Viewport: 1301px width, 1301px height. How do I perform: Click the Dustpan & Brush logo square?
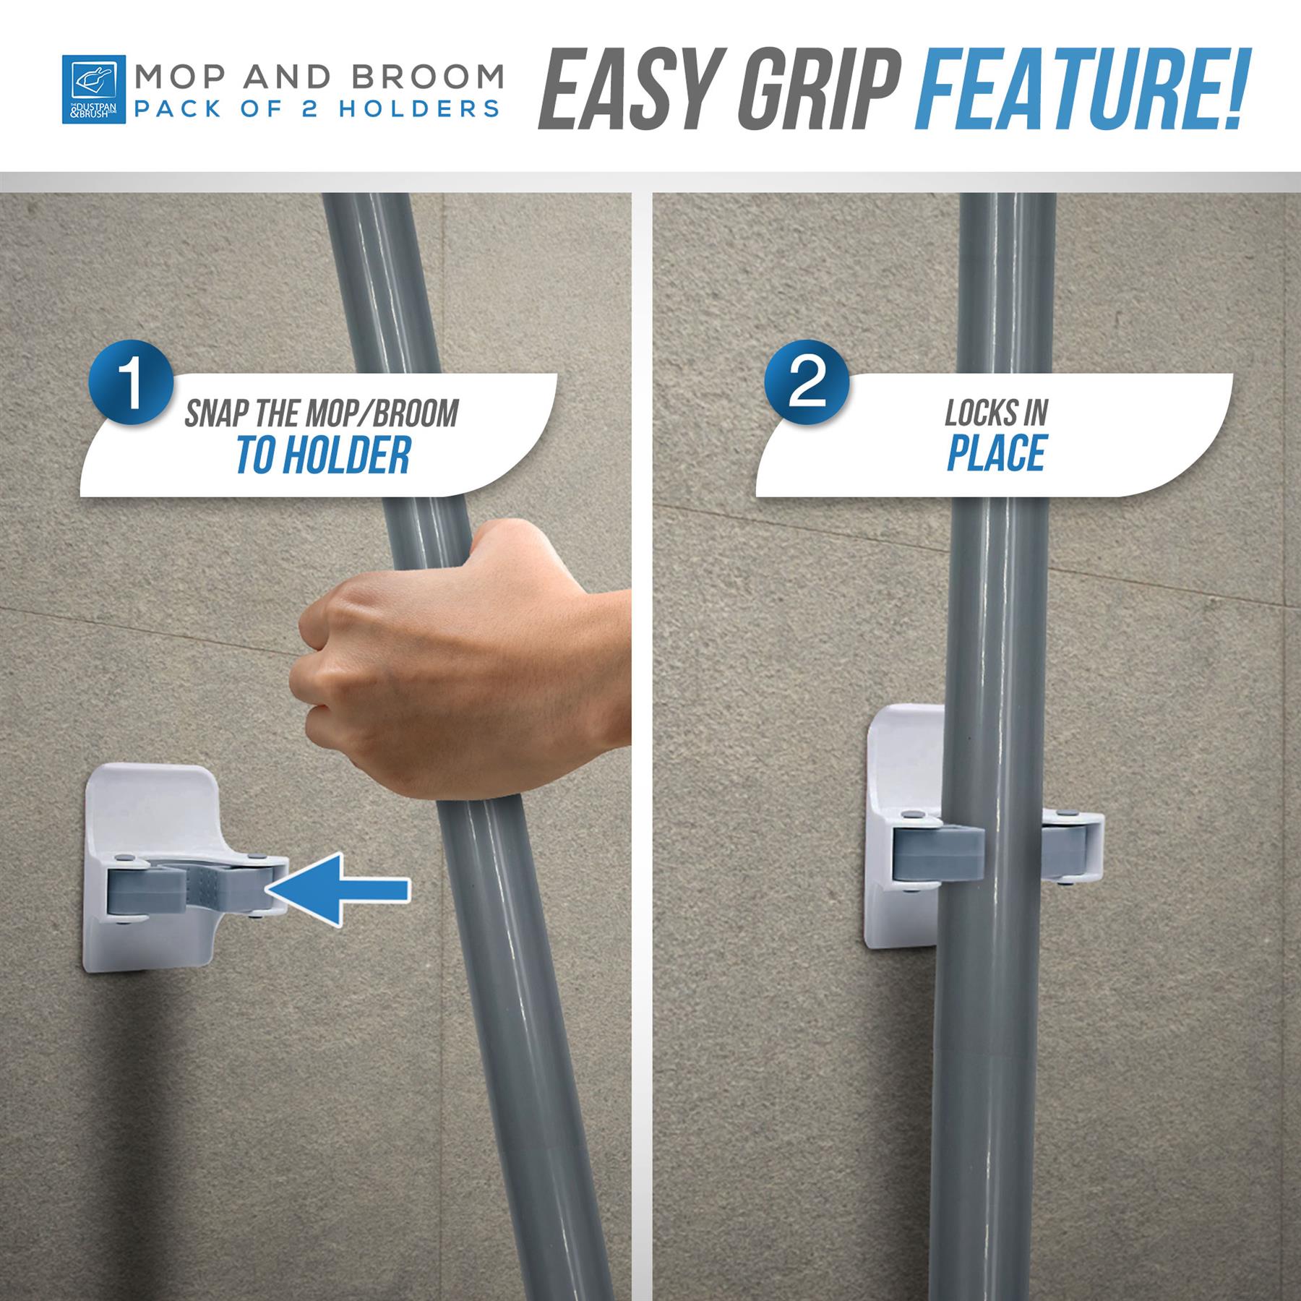tap(93, 89)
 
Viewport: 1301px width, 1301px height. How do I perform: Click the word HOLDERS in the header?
tap(419, 109)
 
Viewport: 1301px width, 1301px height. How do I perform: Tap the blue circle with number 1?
tap(131, 382)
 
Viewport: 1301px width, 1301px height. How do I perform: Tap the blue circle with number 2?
tap(807, 382)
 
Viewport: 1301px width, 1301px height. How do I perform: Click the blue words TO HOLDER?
tap(323, 455)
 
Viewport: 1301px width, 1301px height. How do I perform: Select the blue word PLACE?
tap(996, 453)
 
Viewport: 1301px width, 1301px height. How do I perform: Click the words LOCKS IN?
tap(996, 413)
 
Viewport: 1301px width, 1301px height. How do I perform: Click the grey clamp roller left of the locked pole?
tap(938, 854)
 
